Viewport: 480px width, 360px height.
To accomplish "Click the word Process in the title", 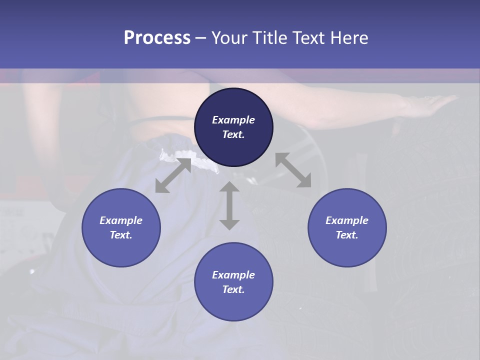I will tap(157, 38).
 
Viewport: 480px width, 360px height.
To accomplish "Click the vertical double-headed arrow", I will tap(229, 205).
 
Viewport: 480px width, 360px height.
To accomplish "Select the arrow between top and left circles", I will tap(173, 175).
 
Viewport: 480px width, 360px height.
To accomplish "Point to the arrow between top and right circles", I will tap(293, 170).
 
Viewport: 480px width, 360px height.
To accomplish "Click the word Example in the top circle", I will tap(233, 120).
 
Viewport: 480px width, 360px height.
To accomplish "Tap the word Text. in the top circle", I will tap(233, 134).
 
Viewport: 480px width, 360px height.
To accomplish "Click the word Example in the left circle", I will tap(121, 220).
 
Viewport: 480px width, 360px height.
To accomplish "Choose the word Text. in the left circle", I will tap(121, 235).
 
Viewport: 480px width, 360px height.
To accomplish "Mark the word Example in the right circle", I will tap(347, 220).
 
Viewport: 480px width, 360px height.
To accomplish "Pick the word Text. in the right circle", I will tap(347, 235).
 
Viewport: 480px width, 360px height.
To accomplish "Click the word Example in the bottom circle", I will tap(233, 275).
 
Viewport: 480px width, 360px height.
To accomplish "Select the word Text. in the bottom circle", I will tap(233, 289).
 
